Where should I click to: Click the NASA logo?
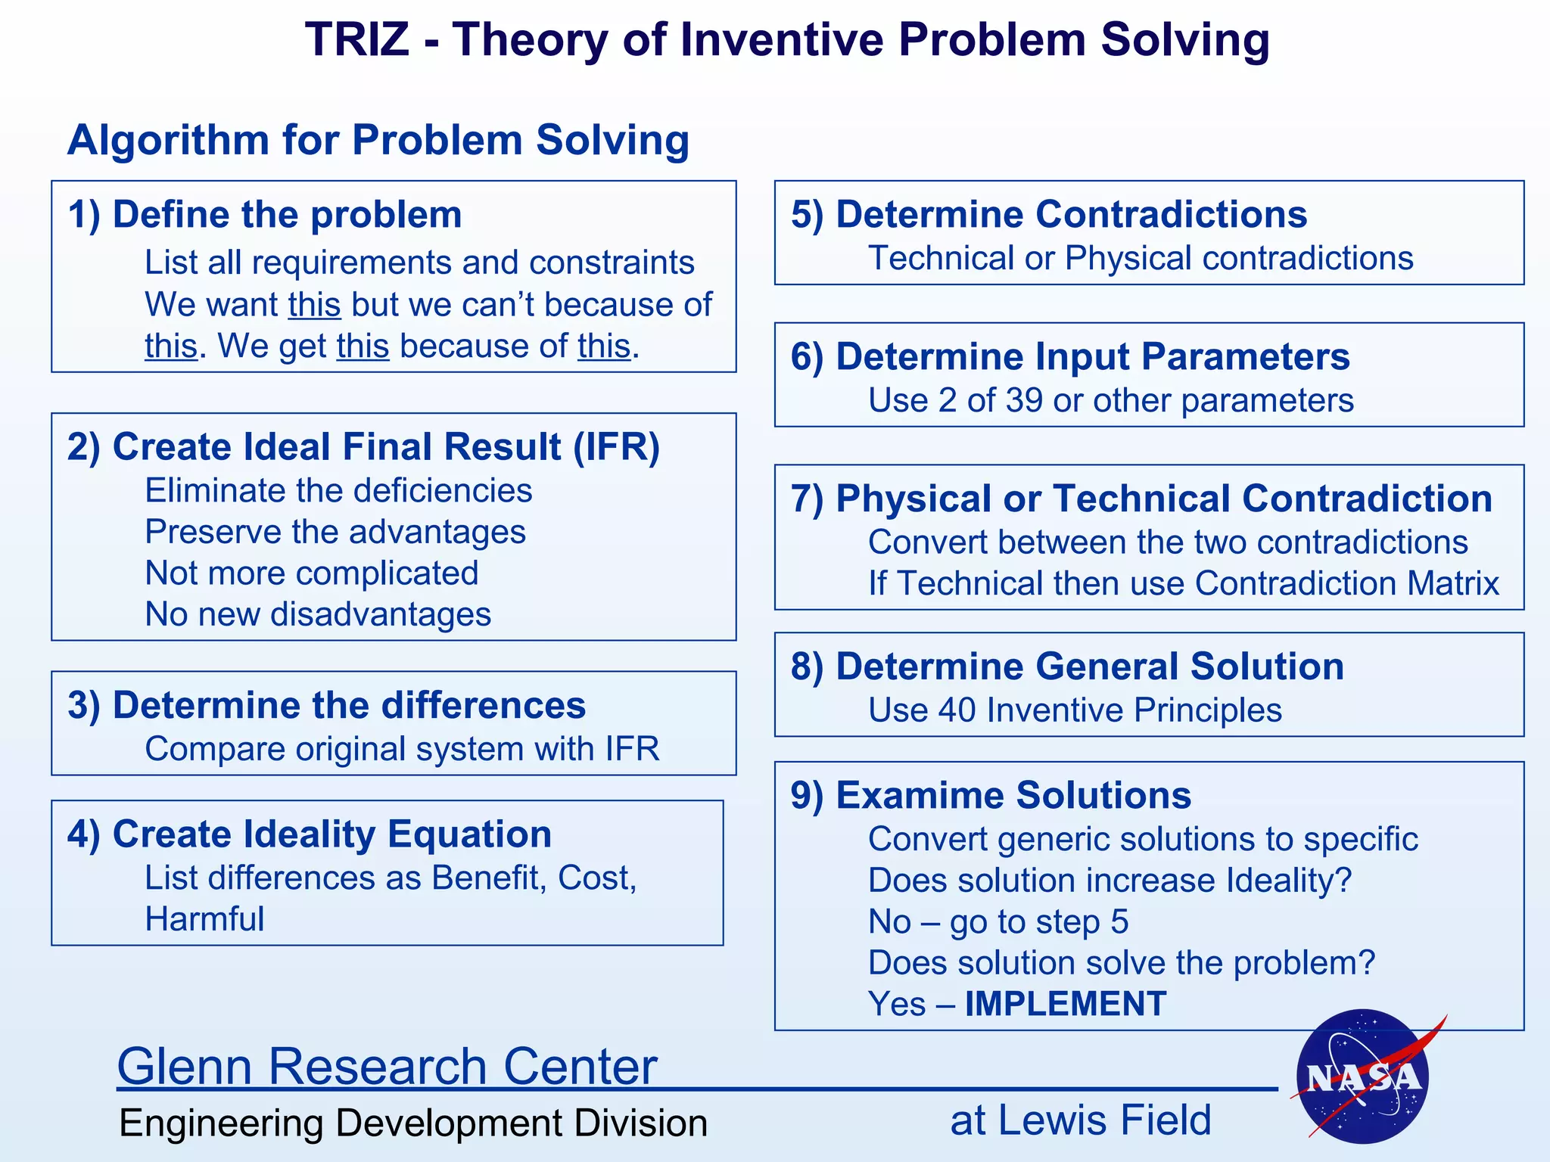click(1362, 1077)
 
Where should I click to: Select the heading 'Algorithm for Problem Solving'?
click(378, 140)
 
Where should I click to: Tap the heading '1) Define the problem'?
click(265, 214)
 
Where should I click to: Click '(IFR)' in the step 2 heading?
click(616, 446)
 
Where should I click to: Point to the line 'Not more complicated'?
click(312, 573)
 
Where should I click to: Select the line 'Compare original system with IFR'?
click(402, 749)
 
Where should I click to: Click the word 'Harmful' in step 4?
click(204, 919)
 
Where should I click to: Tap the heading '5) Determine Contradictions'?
click(1048, 214)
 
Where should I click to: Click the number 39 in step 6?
click(1024, 400)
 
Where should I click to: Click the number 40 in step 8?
click(956, 710)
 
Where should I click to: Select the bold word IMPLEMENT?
click(1066, 1004)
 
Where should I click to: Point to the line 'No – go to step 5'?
click(998, 921)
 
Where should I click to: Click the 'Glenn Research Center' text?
click(387, 1066)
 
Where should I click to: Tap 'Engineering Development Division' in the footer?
click(413, 1123)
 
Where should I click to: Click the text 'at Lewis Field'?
click(1080, 1120)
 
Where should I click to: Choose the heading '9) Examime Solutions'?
click(991, 795)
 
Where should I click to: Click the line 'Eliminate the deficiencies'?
click(338, 490)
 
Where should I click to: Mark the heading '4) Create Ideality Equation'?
click(310, 834)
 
